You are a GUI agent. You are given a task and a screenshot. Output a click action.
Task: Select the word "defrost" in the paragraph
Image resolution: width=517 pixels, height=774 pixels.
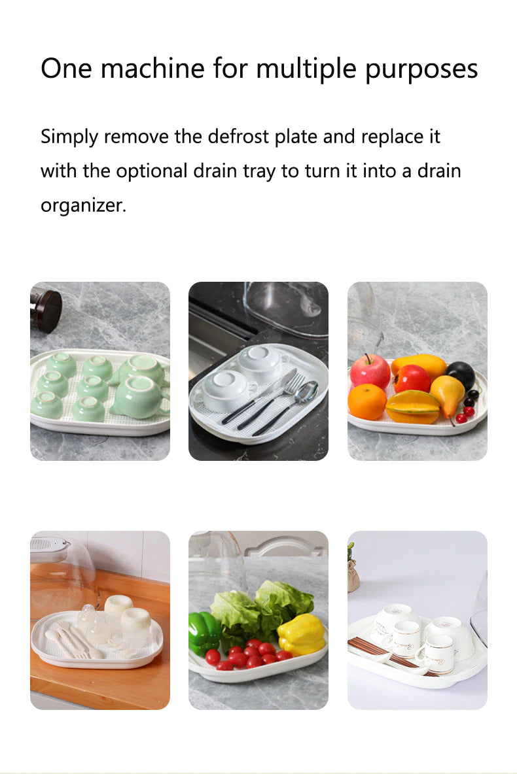click(x=239, y=137)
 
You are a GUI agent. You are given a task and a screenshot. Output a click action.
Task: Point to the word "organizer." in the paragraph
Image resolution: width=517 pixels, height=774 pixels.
click(x=83, y=205)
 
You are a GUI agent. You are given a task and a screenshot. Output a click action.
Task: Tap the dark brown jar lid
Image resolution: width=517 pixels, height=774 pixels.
click(x=46, y=310)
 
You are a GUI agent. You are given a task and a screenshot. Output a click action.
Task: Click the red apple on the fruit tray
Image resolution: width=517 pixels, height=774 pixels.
click(x=369, y=372)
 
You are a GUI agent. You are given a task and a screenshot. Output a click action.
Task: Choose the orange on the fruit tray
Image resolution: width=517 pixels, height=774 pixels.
click(x=366, y=401)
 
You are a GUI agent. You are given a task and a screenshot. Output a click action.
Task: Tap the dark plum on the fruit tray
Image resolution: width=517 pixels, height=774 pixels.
click(x=461, y=375)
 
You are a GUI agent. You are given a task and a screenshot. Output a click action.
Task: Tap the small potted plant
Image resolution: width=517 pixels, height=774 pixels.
click(x=353, y=569)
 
